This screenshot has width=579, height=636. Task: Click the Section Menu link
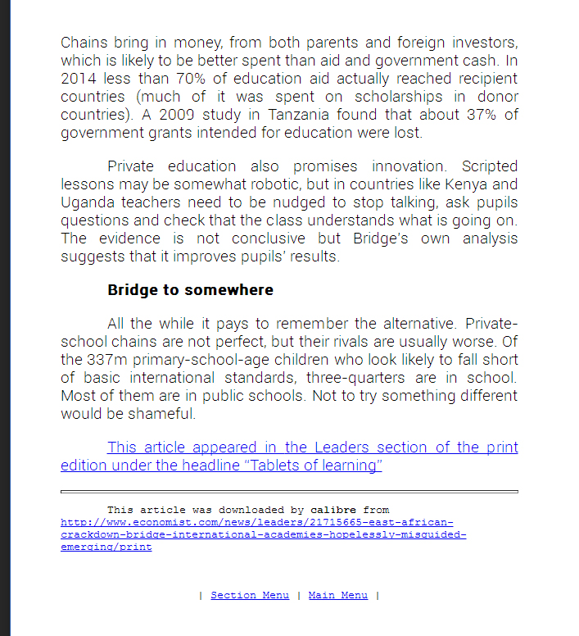tap(250, 595)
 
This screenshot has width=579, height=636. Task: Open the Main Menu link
tap(337, 595)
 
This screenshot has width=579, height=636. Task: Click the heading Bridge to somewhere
tap(190, 290)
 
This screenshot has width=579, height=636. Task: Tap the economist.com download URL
tap(263, 534)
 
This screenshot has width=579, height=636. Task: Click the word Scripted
tap(490, 167)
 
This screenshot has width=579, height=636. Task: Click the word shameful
tap(169, 414)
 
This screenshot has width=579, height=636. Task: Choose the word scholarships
tap(369, 97)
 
